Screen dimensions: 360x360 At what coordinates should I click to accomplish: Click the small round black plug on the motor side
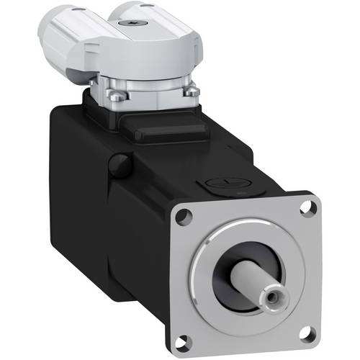122,164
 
